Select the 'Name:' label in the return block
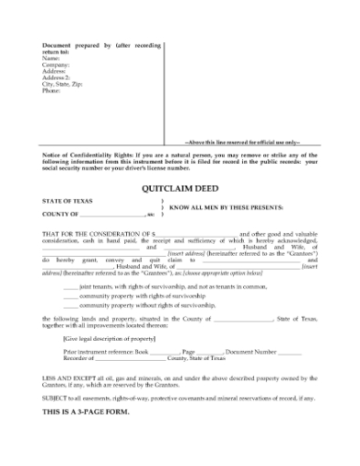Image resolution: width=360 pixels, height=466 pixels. pos(52,58)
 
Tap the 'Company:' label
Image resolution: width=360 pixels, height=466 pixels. pos(58,65)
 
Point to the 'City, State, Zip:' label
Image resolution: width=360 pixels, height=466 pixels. pos(66,84)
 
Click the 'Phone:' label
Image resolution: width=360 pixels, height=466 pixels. pos(53,90)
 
